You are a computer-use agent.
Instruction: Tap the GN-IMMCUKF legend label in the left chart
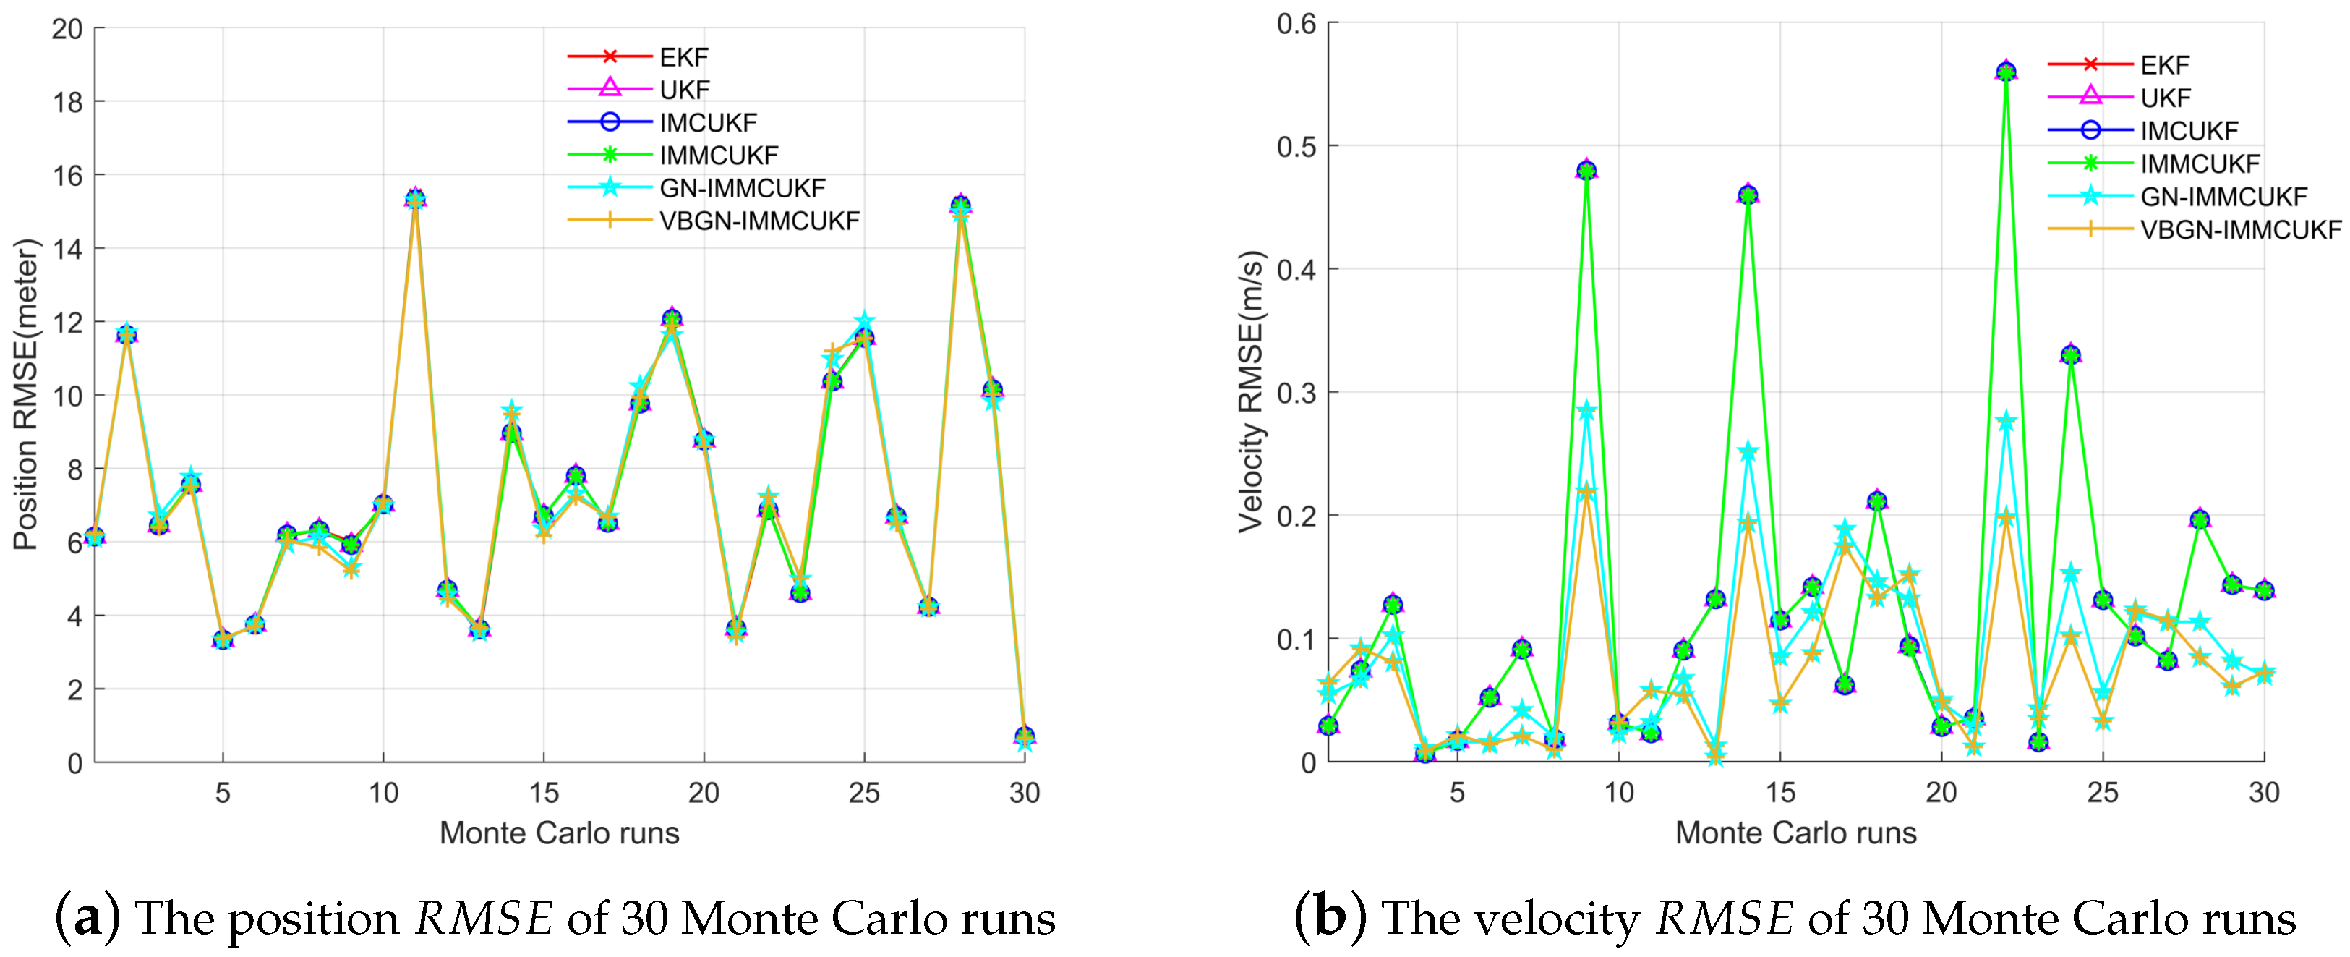(742, 188)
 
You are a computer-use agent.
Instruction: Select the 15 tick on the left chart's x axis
(544, 792)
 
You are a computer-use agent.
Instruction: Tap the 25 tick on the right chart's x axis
(2102, 792)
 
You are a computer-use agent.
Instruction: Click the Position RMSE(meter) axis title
(25, 394)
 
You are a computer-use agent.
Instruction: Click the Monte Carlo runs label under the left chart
(559, 833)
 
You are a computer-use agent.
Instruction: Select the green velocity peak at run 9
(1586, 171)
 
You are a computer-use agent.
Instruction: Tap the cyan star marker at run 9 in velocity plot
(1586, 411)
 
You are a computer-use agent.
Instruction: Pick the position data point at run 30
(1024, 737)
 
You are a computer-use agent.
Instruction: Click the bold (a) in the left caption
(87, 917)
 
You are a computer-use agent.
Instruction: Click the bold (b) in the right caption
(1330, 917)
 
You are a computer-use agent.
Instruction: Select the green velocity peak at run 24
(2071, 355)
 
